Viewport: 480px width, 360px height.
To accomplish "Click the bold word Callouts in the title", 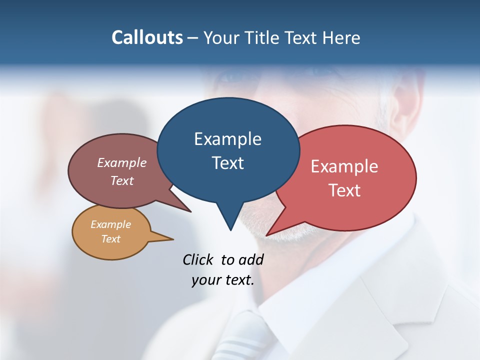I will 147,37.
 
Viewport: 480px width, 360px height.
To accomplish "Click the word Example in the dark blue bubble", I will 227,139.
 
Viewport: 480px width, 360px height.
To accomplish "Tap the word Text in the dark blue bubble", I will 227,162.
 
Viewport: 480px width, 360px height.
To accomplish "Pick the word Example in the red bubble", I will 344,166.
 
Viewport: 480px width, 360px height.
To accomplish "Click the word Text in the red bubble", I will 344,190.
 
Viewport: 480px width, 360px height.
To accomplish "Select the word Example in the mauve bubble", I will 122,162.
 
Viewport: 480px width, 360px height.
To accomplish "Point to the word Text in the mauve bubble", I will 122,180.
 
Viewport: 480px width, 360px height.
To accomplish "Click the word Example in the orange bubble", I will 110,224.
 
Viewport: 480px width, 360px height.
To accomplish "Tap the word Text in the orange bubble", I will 110,239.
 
